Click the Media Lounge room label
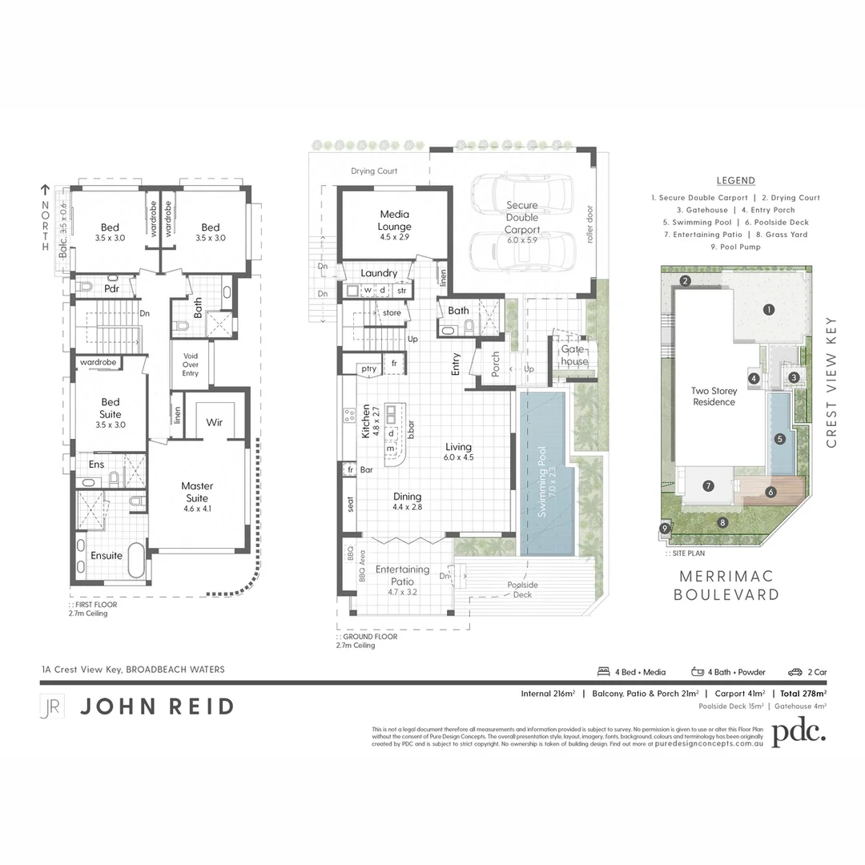(394, 220)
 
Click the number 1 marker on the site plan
(768, 309)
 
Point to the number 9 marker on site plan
(664, 528)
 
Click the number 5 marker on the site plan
(779, 439)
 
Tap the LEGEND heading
(735, 181)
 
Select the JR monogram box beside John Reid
(51, 706)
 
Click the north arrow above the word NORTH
(45, 190)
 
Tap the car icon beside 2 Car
(795, 672)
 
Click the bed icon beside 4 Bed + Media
(604, 672)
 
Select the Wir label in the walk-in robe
(214, 422)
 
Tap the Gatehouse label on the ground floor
(573, 356)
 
